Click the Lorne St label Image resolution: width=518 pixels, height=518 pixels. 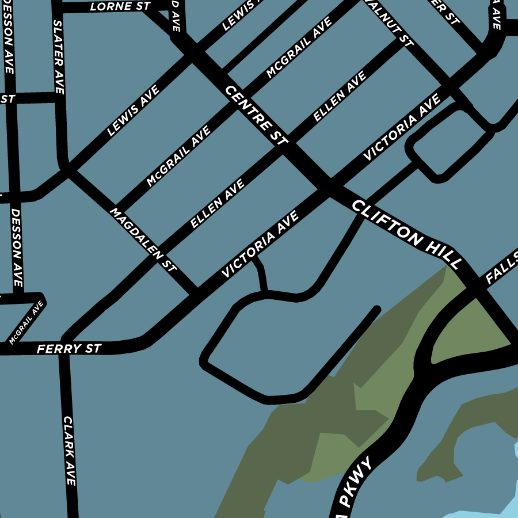(x=120, y=7)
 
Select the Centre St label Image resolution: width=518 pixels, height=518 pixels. (x=256, y=115)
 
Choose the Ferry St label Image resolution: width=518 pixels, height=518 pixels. (x=69, y=349)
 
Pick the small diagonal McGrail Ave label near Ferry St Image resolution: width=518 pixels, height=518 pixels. (x=26, y=323)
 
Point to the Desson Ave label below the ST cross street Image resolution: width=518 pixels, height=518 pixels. (x=16, y=247)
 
